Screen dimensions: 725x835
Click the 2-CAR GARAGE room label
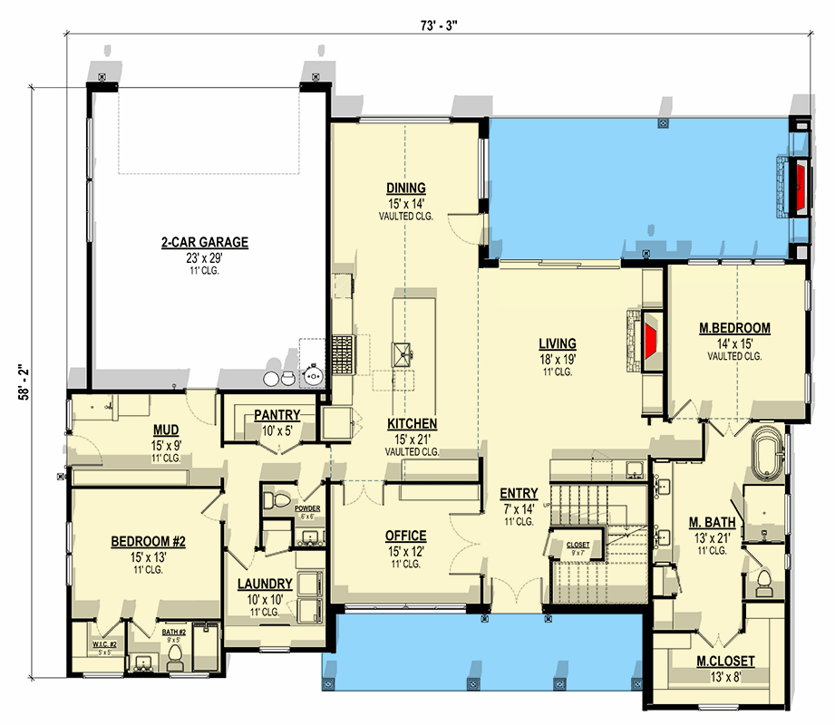coord(205,242)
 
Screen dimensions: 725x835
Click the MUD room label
coord(164,430)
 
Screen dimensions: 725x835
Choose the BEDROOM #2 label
coord(148,542)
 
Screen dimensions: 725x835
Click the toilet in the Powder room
coord(277,501)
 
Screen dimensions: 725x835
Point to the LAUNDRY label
coord(265,585)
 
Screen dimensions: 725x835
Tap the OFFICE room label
coord(405,536)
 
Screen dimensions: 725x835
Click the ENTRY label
coord(519,494)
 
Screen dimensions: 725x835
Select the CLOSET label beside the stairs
coord(577,545)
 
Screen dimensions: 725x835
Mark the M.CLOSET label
coord(726,661)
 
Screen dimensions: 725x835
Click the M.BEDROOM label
coord(734,328)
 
